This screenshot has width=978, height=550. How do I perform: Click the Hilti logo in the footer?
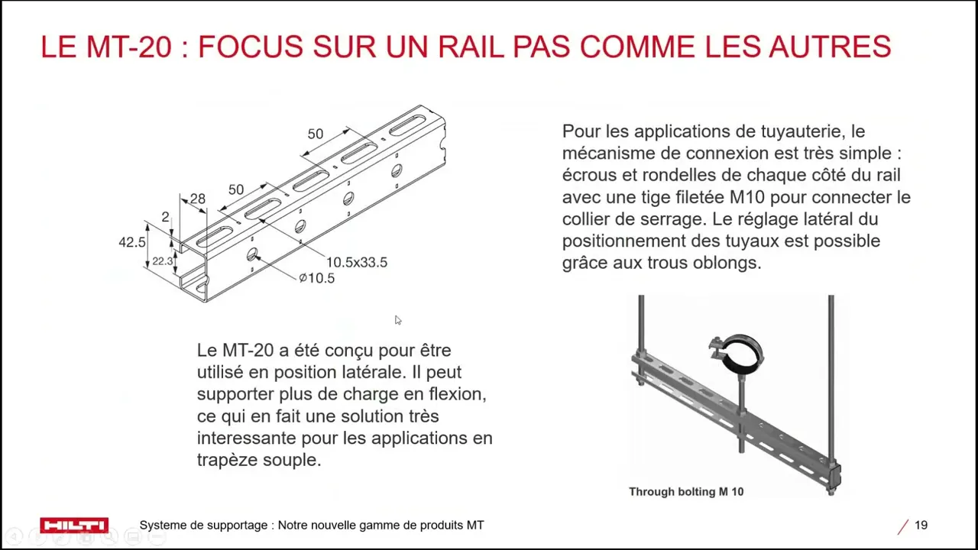(74, 525)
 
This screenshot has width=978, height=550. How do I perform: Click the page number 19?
(921, 525)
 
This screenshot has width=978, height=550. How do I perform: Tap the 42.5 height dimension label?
(132, 242)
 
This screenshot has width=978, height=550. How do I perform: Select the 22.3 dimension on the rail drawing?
(163, 261)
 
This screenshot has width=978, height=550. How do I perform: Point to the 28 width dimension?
(198, 199)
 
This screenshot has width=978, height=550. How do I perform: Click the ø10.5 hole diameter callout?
(316, 278)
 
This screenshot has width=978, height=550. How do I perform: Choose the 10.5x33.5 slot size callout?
(357, 262)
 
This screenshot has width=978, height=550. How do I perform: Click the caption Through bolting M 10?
(686, 492)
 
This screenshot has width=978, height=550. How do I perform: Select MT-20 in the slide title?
(128, 47)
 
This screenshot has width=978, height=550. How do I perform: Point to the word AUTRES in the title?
(830, 47)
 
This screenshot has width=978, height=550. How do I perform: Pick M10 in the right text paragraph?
(747, 197)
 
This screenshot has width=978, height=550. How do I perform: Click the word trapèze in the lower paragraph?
(227, 461)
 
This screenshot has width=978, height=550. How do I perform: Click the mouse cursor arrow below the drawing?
(398, 320)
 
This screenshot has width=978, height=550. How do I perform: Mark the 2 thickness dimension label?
(165, 217)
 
